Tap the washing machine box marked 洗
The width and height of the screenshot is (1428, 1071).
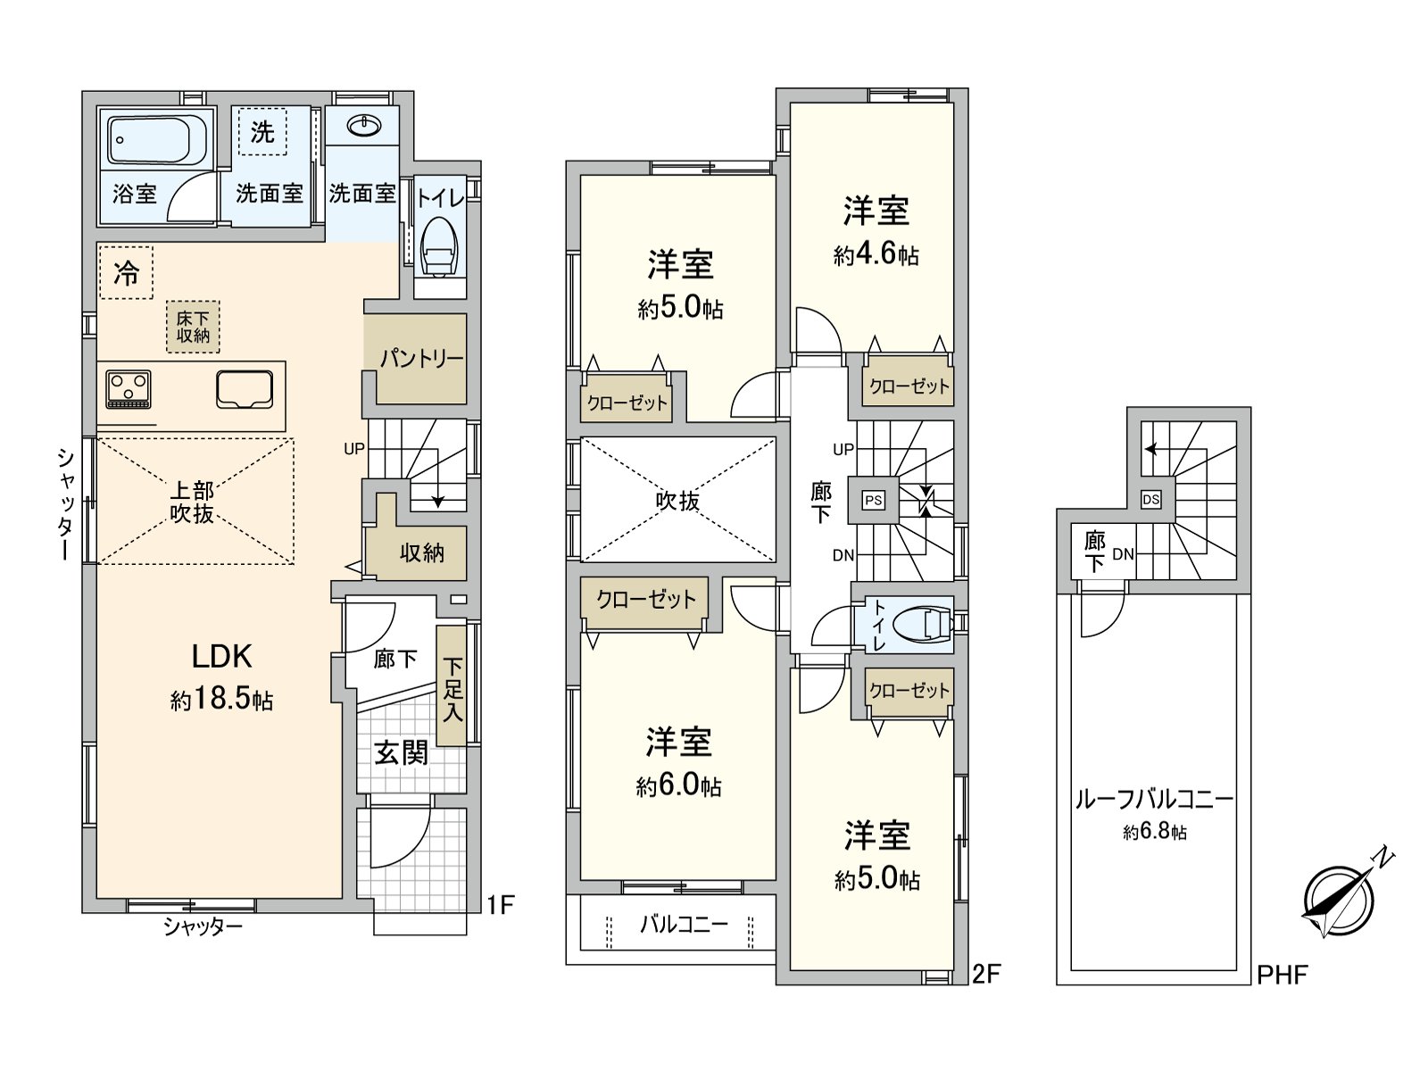[262, 132]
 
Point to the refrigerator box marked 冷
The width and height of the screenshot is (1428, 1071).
[126, 273]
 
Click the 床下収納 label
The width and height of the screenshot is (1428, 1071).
[193, 327]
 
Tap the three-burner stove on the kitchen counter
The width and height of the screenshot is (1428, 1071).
[128, 388]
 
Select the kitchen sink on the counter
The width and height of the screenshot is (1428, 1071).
[244, 390]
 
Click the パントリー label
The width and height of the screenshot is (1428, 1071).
[421, 360]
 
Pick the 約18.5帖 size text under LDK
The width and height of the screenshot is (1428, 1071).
[221, 701]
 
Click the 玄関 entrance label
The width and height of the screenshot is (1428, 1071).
[401, 752]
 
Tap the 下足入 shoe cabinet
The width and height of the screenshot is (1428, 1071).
[452, 687]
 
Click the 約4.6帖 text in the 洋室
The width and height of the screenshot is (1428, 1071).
[876, 256]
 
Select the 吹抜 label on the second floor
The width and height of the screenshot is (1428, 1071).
[677, 502]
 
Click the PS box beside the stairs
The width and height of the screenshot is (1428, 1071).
[873, 501]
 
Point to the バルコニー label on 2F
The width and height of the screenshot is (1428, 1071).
[684, 924]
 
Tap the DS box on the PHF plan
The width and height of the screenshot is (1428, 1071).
[1151, 500]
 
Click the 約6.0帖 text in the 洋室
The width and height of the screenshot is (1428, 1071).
[678, 786]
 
